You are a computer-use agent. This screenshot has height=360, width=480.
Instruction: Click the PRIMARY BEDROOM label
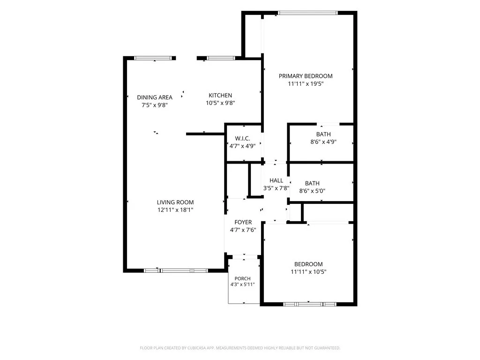(x=306, y=76)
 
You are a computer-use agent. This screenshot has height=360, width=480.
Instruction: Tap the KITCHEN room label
(x=220, y=95)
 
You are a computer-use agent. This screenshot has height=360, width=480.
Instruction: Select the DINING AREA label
(x=155, y=97)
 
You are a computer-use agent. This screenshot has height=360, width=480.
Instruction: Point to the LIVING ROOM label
(x=175, y=202)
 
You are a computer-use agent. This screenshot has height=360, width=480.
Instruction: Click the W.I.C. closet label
(x=242, y=138)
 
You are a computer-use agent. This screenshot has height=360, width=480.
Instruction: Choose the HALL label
(x=276, y=180)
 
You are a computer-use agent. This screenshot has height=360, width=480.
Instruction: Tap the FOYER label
(x=243, y=222)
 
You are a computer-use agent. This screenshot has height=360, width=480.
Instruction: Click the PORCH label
(x=242, y=278)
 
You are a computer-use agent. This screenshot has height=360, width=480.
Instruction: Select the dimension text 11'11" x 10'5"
(x=308, y=271)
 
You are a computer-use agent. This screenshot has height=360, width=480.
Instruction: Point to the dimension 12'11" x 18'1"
(x=175, y=210)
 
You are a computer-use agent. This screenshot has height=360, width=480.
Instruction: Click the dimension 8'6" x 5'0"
(x=312, y=191)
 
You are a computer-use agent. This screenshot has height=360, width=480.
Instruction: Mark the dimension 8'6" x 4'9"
(x=323, y=142)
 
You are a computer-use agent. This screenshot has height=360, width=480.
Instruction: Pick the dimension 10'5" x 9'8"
(x=220, y=103)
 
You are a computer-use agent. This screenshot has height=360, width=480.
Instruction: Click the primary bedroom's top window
(x=307, y=13)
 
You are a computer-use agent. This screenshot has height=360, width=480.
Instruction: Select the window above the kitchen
(x=221, y=58)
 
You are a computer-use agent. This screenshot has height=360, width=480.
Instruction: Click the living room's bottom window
(x=176, y=270)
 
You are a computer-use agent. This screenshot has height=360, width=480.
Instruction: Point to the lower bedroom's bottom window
(x=310, y=304)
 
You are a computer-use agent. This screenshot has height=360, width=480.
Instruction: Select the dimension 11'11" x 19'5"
(x=306, y=83)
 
